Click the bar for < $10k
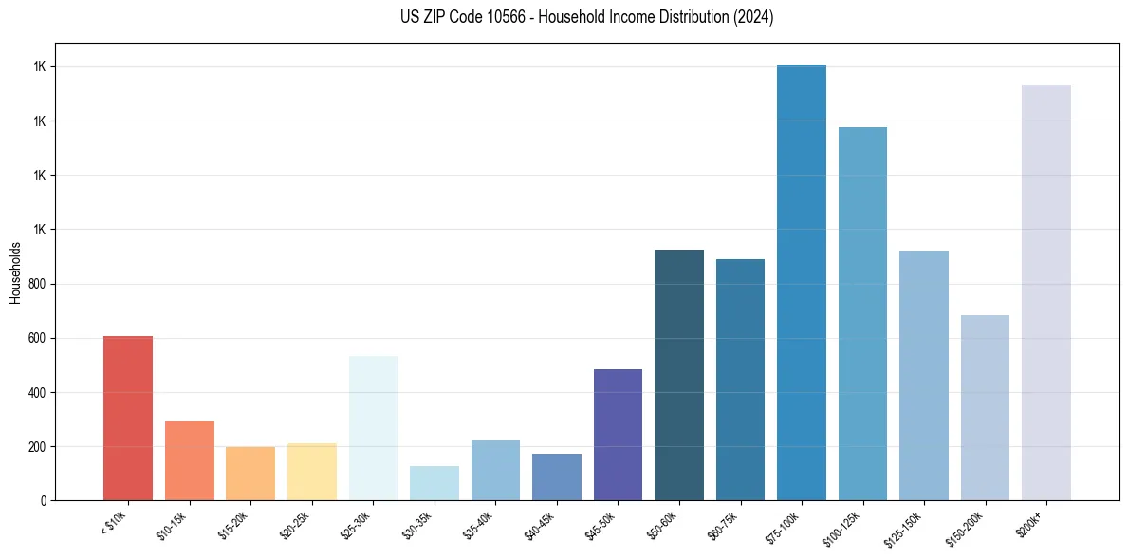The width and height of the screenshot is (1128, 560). pyautogui.click(x=127, y=418)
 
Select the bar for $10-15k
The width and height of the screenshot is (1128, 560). pyautogui.click(x=189, y=460)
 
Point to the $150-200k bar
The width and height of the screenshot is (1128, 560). pyautogui.click(x=985, y=407)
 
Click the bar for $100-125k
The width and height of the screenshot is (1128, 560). pyautogui.click(x=862, y=313)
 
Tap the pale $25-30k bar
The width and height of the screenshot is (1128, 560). pyautogui.click(x=373, y=428)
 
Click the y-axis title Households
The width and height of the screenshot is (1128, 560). pyautogui.click(x=15, y=272)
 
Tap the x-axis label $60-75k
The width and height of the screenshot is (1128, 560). pyautogui.click(x=727, y=525)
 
